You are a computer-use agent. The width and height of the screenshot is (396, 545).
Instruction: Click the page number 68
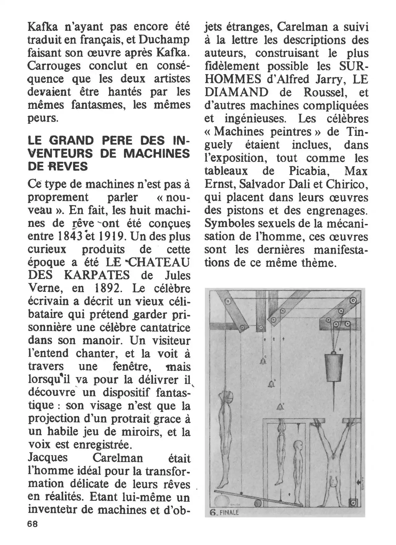(x=32, y=524)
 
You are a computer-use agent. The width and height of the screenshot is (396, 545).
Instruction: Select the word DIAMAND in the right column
(x=237, y=92)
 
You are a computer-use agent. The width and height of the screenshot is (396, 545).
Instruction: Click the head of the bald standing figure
(x=298, y=445)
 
